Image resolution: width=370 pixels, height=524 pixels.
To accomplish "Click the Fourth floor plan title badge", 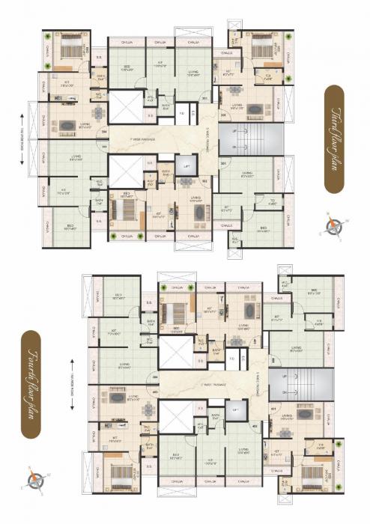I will tap(32, 384).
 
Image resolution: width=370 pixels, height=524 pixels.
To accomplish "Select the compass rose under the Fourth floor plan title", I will tap(35, 476).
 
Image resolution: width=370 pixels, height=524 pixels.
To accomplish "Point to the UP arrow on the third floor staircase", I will tap(239, 133).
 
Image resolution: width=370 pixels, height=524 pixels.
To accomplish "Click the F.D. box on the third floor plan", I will tap(181, 114).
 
